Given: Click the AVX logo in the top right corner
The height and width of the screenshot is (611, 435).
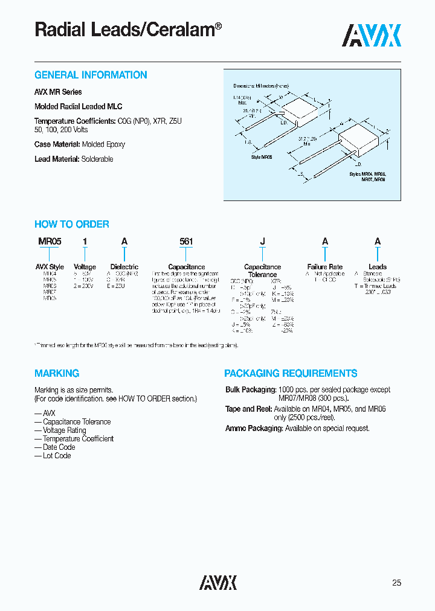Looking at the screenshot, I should click(x=372, y=36).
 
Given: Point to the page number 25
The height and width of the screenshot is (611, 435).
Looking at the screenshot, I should click(x=396, y=583).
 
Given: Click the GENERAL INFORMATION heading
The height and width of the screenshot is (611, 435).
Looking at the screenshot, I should click(x=91, y=75).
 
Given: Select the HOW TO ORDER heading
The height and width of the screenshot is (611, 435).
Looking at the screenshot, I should click(x=72, y=224).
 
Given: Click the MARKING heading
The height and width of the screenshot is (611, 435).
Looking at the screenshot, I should click(x=57, y=373).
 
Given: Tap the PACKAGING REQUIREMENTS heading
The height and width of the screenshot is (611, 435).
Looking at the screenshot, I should click(x=291, y=373).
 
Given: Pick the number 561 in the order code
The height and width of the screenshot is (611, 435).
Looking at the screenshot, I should click(x=186, y=242).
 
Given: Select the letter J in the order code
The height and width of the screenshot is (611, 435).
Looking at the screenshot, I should click(x=262, y=242).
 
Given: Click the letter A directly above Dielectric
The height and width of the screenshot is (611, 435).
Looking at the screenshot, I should click(x=124, y=242).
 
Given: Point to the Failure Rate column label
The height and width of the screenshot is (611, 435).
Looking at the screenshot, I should click(x=325, y=266).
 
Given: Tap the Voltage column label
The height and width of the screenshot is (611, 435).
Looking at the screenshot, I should click(x=85, y=266).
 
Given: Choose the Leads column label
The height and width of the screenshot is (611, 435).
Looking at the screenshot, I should click(x=378, y=266).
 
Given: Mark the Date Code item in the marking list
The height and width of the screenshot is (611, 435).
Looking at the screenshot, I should click(x=59, y=447).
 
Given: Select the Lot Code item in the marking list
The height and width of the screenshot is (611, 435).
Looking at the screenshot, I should click(x=57, y=455).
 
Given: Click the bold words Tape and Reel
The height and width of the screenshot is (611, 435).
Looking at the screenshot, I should click(x=249, y=409).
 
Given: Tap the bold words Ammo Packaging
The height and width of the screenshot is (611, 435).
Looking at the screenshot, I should click(x=254, y=428).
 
